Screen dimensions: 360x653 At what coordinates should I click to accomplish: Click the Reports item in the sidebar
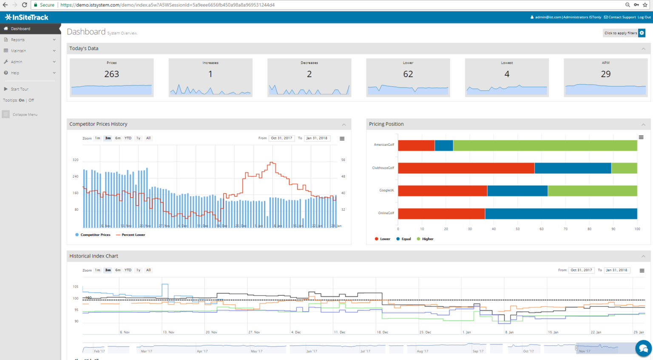(x=18, y=40)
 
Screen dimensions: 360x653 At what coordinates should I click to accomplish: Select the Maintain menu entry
(x=18, y=51)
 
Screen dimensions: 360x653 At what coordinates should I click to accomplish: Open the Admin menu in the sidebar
(x=17, y=62)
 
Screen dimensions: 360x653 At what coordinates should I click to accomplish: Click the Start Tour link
(x=20, y=89)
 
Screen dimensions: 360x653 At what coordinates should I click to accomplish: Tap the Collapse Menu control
(x=25, y=115)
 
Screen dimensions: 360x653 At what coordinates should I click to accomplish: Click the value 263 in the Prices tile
(x=111, y=74)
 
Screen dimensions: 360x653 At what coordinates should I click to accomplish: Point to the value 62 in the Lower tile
(x=408, y=74)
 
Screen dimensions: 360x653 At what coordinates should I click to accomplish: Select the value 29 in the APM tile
(x=605, y=74)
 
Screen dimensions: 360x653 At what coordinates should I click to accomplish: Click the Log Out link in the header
(x=644, y=17)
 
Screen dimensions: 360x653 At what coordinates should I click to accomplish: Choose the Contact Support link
(x=622, y=17)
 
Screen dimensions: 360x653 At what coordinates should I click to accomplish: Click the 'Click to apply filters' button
(x=621, y=33)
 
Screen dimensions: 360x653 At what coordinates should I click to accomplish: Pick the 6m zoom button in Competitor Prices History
(x=118, y=138)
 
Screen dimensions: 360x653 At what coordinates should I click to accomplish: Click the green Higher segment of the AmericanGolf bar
(x=545, y=145)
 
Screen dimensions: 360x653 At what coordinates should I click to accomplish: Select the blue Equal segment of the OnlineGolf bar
(x=561, y=213)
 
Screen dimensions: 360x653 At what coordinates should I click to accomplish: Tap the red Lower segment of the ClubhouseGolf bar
(x=466, y=168)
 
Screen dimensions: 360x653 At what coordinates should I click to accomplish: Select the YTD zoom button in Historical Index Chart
(x=128, y=270)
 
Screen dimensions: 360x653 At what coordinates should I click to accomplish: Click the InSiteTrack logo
(x=26, y=17)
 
